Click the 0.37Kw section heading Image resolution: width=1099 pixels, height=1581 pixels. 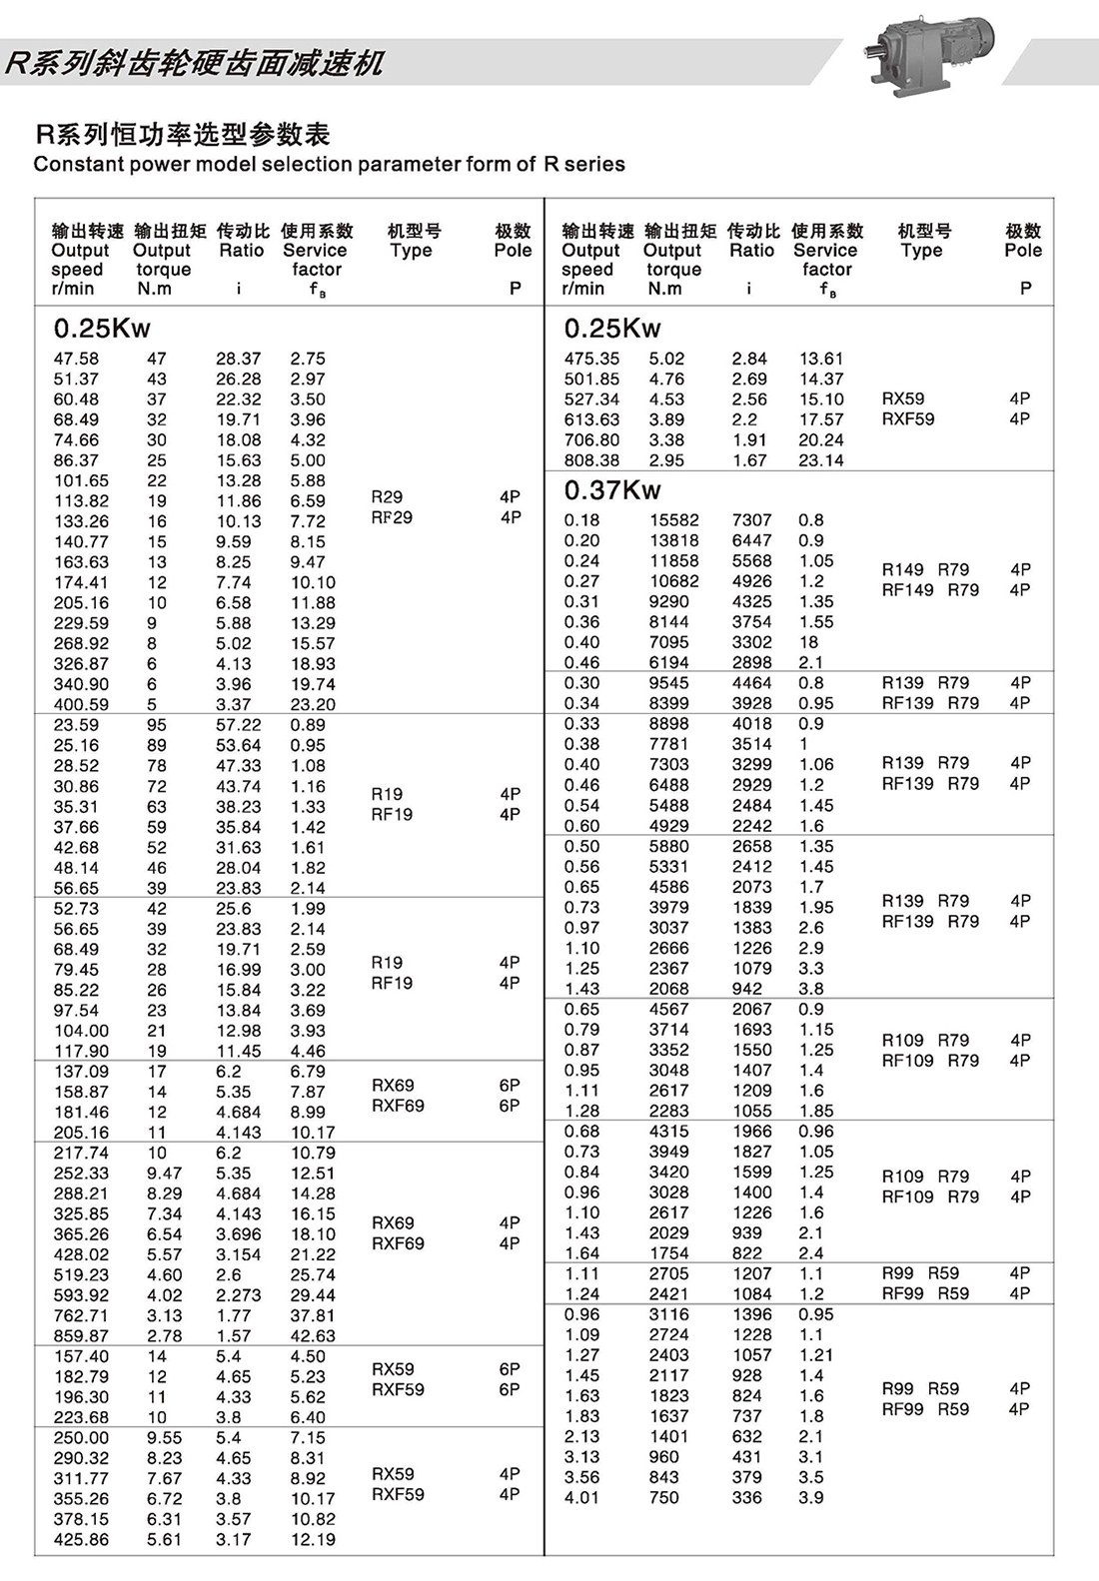[611, 490]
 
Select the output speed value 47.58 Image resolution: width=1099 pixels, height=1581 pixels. [76, 359]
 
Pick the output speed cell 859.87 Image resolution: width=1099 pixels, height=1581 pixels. [81, 1336]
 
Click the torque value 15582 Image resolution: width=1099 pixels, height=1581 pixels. [674, 520]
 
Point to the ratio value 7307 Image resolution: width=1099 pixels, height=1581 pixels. [751, 520]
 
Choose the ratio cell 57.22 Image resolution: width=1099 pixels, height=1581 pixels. [239, 725]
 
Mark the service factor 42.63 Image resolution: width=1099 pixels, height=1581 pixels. [313, 1336]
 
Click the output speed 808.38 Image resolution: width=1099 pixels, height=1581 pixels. [591, 460]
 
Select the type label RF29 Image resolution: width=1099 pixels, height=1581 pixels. [392, 517]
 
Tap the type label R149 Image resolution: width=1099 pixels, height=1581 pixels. [903, 569]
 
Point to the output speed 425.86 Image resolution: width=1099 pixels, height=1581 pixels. [81, 1540]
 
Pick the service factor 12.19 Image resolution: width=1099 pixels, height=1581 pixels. [313, 1540]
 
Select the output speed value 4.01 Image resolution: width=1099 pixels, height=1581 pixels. [581, 1498]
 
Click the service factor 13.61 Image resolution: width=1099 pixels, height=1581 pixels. [821, 359]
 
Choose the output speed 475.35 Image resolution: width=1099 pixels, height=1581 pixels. [591, 359]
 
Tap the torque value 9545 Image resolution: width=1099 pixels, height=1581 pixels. [668, 683]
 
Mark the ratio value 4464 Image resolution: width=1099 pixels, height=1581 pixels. [751, 683]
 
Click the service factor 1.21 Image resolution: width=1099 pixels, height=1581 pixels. [815, 1355]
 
